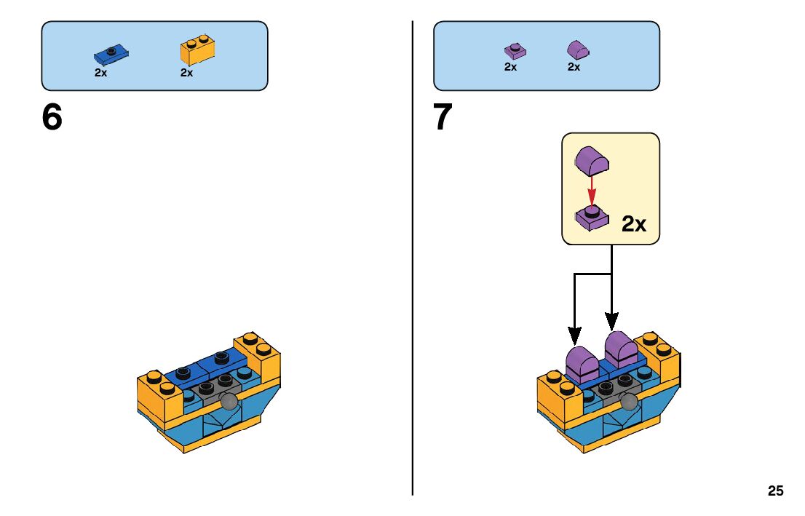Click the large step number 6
[x=52, y=117]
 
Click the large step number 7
[x=443, y=117]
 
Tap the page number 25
[x=775, y=491]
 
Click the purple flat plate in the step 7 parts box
[x=515, y=51]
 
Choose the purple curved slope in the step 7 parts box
[x=577, y=49]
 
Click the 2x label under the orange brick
[x=186, y=73]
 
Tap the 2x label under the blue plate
[x=100, y=73]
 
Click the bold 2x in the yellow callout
[x=634, y=224]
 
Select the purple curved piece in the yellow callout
[x=592, y=159]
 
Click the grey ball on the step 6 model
[x=231, y=403]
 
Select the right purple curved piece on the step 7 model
[x=619, y=350]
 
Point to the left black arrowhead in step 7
[x=574, y=336]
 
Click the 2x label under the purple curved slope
[x=574, y=67]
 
